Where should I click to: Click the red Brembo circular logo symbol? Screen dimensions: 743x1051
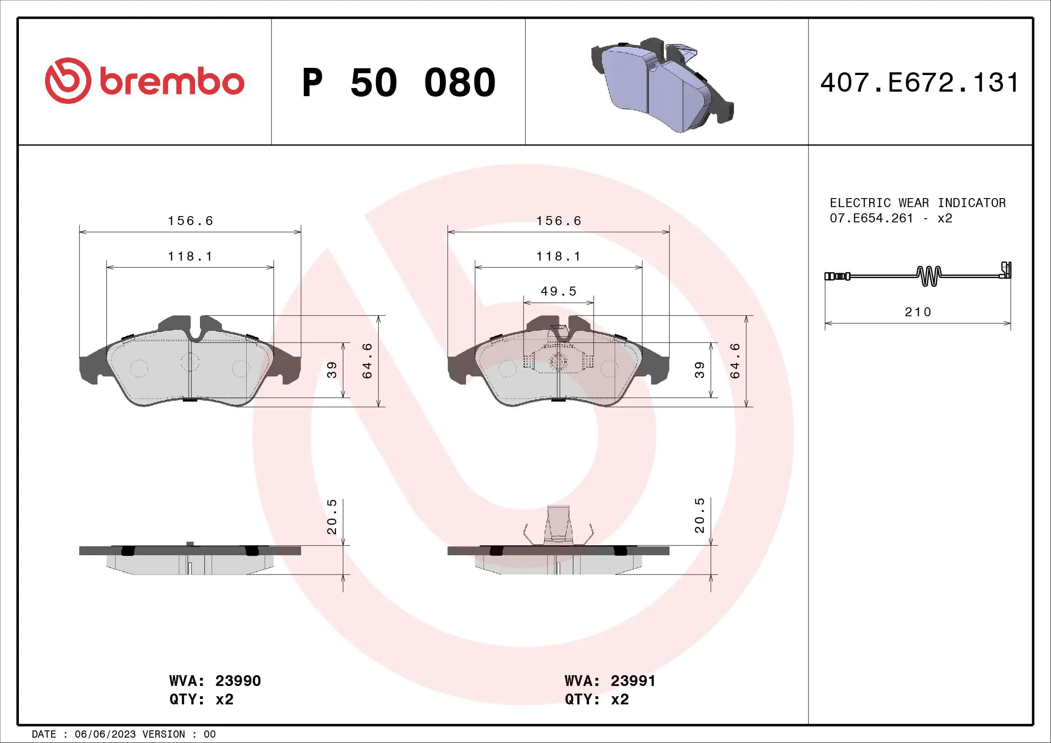click(x=66, y=80)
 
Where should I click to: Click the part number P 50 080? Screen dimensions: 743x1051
click(x=399, y=83)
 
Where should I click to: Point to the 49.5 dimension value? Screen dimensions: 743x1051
click(x=559, y=292)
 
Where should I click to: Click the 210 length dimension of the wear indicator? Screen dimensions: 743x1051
click(x=918, y=312)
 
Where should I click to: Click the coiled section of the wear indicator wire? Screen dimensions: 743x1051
click(x=929, y=276)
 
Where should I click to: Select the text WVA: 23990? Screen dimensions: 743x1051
click(x=215, y=681)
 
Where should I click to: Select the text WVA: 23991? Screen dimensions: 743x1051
click(x=610, y=681)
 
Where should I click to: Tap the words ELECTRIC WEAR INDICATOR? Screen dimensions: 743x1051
click(x=918, y=203)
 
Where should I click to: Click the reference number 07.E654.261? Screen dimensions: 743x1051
click(x=871, y=218)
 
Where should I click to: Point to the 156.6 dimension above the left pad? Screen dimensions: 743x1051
click(x=191, y=221)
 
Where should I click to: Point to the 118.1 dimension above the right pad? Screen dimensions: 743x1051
click(x=559, y=256)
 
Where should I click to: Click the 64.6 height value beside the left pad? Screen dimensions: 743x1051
click(x=368, y=361)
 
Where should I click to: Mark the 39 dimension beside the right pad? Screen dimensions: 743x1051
click(x=700, y=370)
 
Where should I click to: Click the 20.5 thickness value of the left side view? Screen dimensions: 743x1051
click(x=332, y=517)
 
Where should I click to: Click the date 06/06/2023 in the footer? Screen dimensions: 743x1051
click(x=105, y=734)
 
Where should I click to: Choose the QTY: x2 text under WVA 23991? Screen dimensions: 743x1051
click(x=596, y=699)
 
